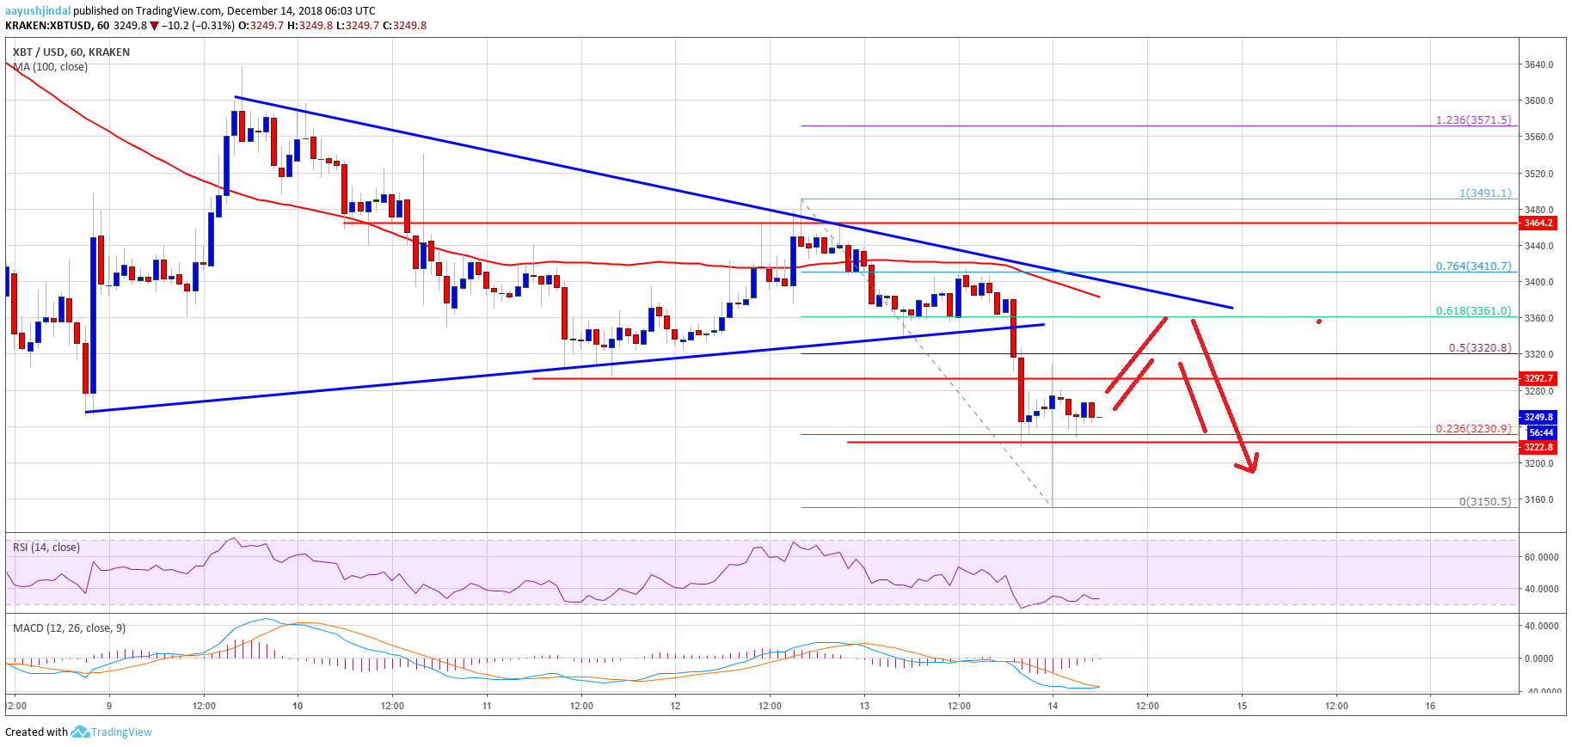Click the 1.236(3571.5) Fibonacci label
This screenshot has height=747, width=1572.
1472,120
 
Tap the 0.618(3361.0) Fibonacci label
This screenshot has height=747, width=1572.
1472,311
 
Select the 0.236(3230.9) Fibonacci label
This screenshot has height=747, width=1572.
1472,429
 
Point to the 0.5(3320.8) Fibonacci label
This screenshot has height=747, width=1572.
1479,348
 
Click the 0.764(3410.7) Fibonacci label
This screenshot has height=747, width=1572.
1472,266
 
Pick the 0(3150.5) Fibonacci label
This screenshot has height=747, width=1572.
1484,502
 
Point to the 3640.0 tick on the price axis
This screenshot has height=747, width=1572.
1538,64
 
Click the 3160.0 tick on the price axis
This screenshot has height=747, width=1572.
1538,499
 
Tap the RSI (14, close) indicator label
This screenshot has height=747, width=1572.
46,548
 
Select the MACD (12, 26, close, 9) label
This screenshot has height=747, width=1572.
69,628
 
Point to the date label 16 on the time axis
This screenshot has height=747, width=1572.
1430,706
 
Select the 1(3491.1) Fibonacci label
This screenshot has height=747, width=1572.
1484,193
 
